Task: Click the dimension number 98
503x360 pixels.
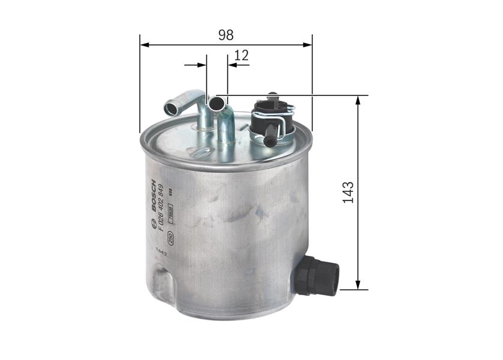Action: tap(225, 35)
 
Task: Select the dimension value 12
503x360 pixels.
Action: tap(241, 55)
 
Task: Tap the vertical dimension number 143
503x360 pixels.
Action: tap(348, 192)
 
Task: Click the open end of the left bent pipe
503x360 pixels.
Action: tap(172, 108)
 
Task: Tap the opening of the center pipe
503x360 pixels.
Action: tap(216, 106)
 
